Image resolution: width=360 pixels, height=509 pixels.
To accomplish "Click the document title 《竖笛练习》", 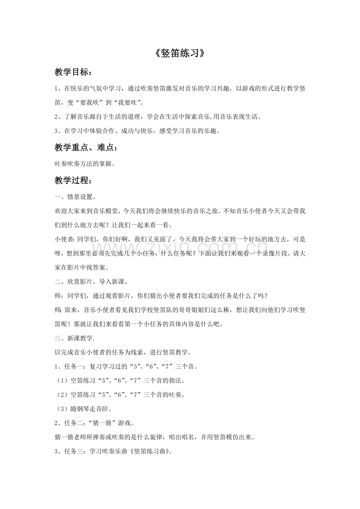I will point(180,54).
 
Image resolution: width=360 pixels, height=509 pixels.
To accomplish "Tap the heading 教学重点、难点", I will point(86,147).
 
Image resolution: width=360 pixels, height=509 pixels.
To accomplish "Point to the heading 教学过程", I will point(74,181).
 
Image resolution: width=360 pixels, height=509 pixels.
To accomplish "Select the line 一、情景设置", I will point(75,197).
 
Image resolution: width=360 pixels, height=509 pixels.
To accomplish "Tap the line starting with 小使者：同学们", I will point(180,240).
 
